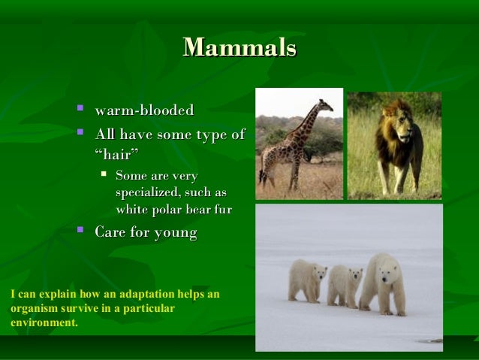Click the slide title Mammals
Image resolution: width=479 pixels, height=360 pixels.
[239, 48]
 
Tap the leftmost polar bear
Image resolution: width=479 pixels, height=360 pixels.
[306, 280]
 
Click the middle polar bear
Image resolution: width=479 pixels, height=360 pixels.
[345, 284]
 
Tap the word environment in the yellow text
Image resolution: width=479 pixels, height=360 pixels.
[43, 322]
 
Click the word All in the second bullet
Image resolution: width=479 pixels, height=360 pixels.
[107, 135]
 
